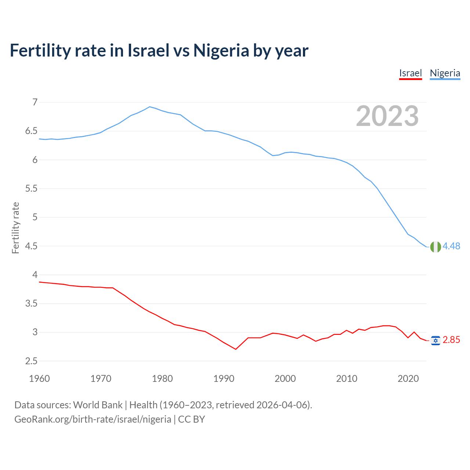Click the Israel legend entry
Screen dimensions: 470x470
pyautogui.click(x=411, y=73)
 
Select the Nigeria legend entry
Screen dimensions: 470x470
pyautogui.click(x=445, y=73)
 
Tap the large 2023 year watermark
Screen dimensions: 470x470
pyautogui.click(x=387, y=116)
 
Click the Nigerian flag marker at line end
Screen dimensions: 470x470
pyautogui.click(x=435, y=247)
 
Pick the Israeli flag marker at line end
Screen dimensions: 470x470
pyautogui.click(x=435, y=340)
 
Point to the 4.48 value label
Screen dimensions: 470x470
pyautogui.click(x=451, y=246)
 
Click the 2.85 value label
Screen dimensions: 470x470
pyautogui.click(x=451, y=340)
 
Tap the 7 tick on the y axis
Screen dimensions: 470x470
pyautogui.click(x=35, y=102)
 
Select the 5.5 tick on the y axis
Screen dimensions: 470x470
pyautogui.click(x=31, y=188)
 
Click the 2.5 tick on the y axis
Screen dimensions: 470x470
pyautogui.click(x=31, y=361)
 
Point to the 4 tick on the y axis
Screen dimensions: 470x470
pyautogui.click(x=35, y=275)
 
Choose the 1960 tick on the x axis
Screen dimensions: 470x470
pyautogui.click(x=39, y=379)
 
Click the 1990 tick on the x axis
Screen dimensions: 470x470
pyautogui.click(x=224, y=379)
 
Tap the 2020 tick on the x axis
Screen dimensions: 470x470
pyautogui.click(x=408, y=379)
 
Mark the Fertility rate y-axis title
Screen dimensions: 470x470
pyautogui.click(x=15, y=228)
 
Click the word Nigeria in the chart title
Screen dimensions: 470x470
pyautogui.click(x=221, y=50)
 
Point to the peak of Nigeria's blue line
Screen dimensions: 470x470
pyautogui.click(x=149, y=107)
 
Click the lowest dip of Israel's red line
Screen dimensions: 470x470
pyautogui.click(x=236, y=349)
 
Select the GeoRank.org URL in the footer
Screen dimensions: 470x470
pyautogui.click(x=93, y=419)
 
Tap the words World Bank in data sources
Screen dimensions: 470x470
pyautogui.click(x=98, y=405)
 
